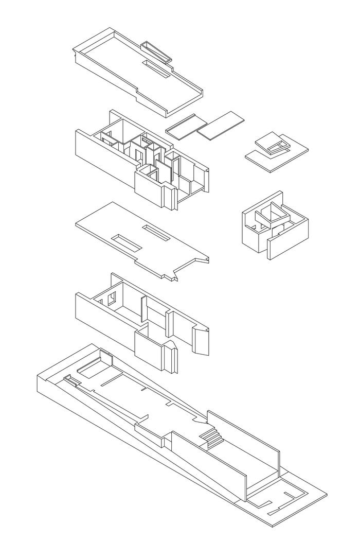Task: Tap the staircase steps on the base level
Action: pos(211,438)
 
